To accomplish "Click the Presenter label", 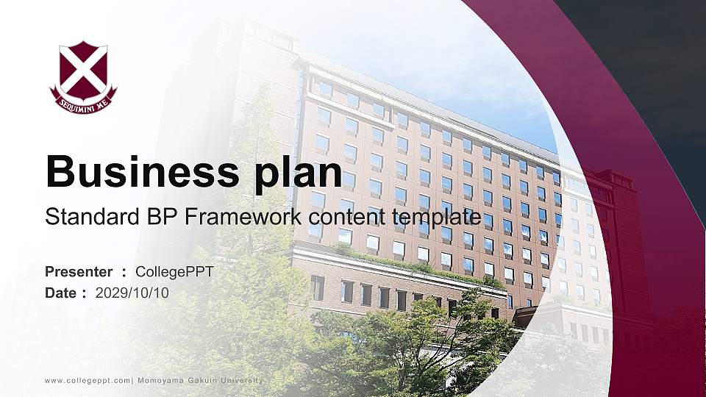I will (79, 272).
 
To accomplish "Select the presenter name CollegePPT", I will (175, 272).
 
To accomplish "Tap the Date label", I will (61, 293).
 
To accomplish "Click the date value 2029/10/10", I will (132, 293).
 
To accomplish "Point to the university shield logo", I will (83, 76).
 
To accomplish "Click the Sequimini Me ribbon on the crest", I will (83, 103).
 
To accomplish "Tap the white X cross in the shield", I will (83, 69).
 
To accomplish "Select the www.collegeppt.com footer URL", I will (88, 380).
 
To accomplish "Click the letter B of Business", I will (60, 172).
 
